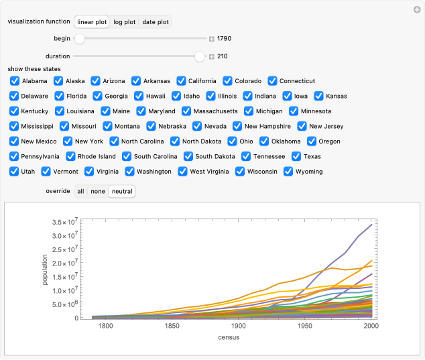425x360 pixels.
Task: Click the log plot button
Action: point(124,22)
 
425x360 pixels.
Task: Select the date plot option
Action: point(155,22)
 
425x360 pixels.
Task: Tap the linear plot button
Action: point(92,22)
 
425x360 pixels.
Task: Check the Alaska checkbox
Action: point(59,81)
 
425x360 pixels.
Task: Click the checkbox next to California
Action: point(181,81)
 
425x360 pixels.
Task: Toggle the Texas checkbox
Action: point(296,156)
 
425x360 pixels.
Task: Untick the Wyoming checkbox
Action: point(289,171)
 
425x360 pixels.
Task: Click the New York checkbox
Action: point(68,141)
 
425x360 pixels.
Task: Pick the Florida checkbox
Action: point(59,96)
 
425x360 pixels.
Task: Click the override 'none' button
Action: point(98,191)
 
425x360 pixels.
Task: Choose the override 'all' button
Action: point(80,191)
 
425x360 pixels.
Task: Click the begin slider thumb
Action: point(79,39)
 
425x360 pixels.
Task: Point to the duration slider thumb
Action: point(199,57)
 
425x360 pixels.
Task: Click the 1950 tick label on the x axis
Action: point(305,326)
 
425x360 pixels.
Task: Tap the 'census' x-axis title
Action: point(229,337)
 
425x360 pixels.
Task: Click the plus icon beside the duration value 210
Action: point(212,57)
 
